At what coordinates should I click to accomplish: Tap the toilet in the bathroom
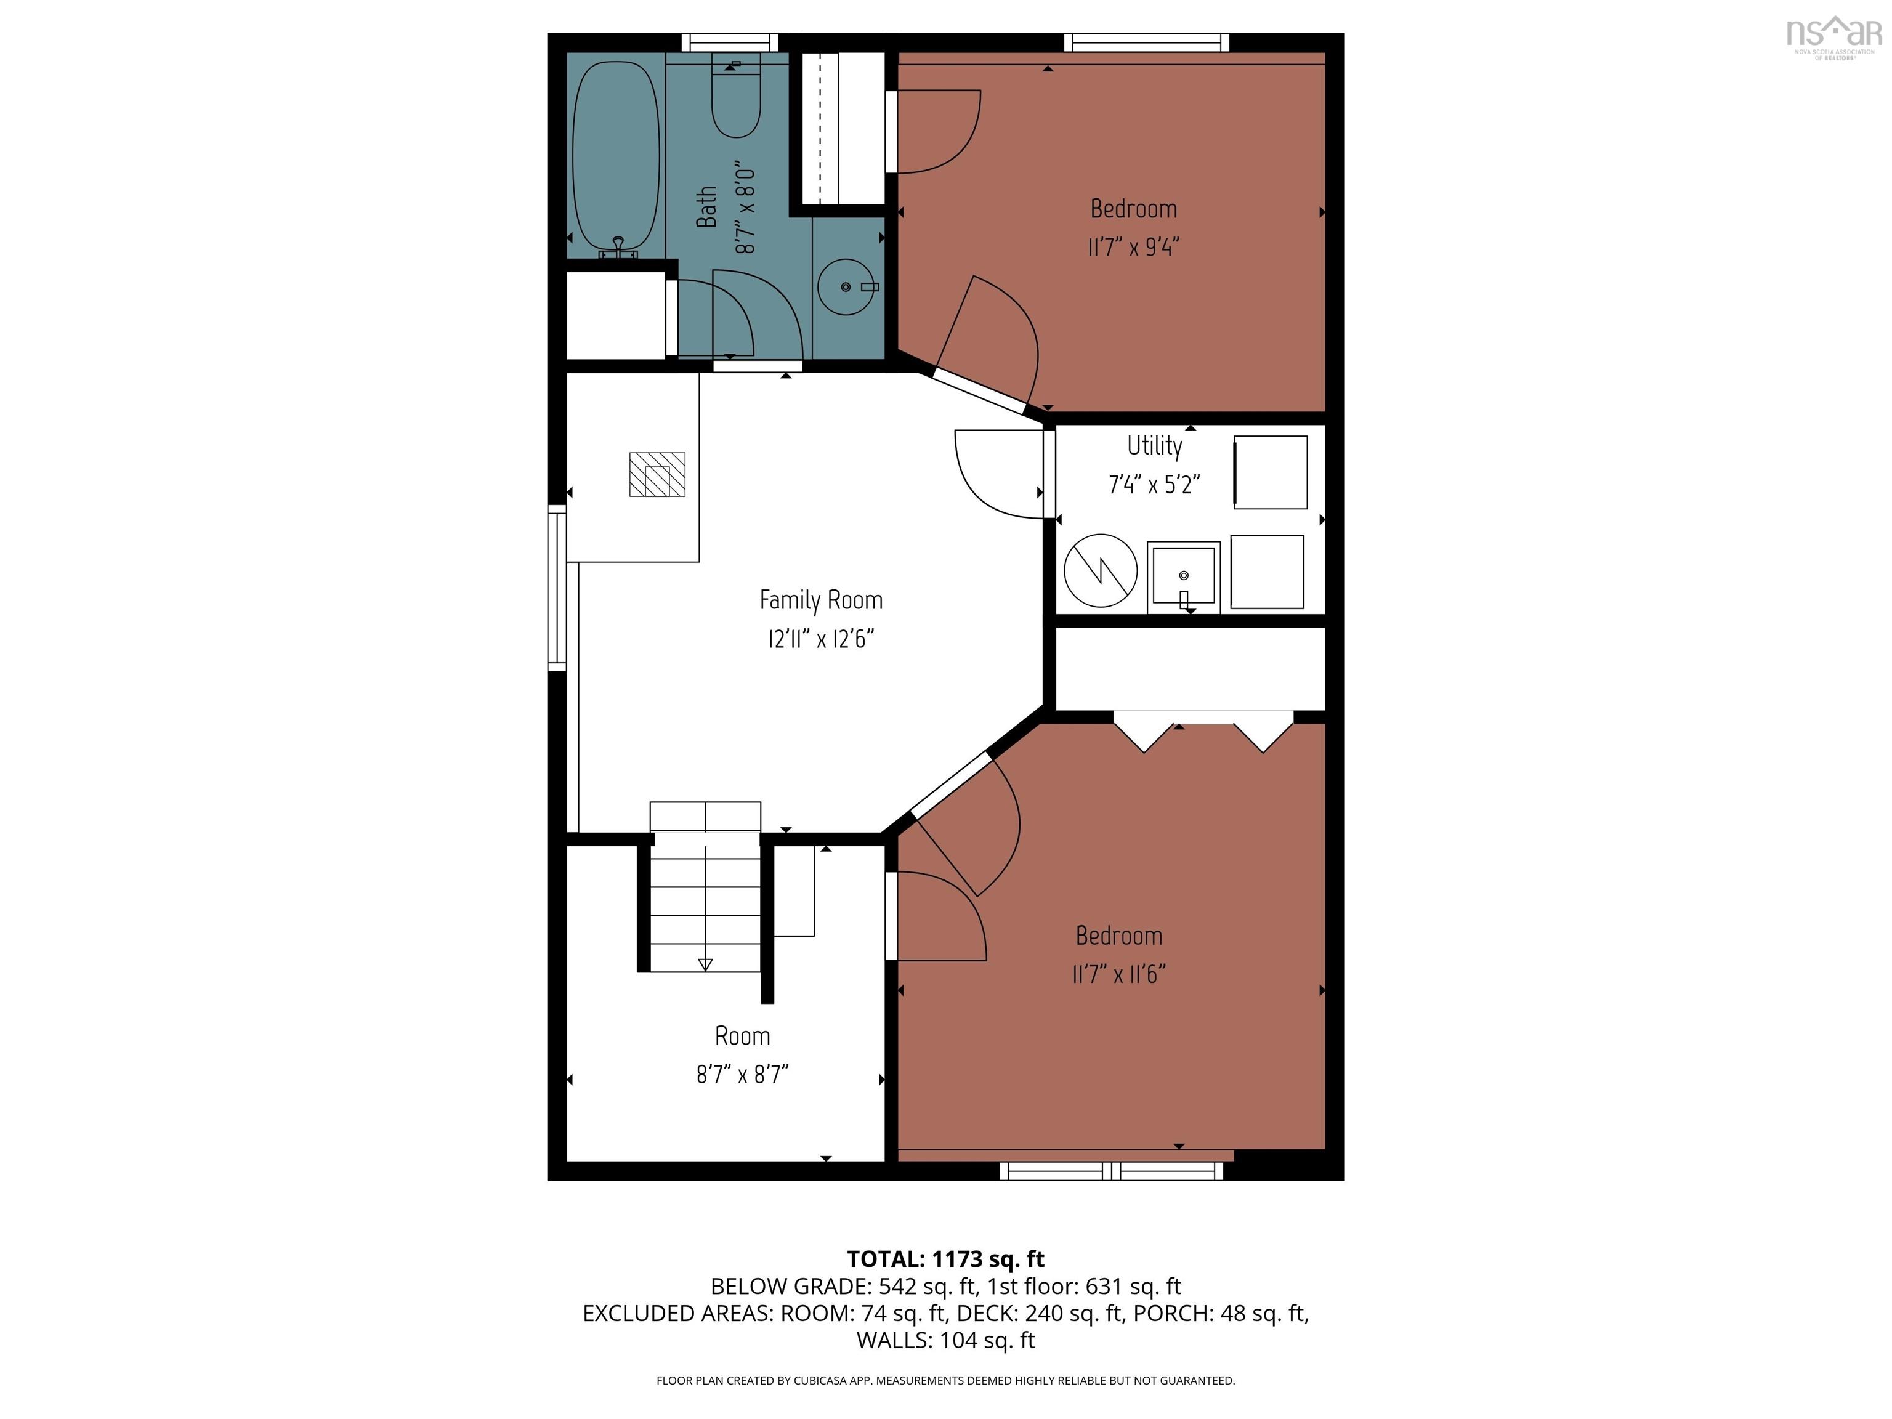point(735,103)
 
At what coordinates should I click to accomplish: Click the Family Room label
point(820,600)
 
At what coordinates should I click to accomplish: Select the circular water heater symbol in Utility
point(1100,570)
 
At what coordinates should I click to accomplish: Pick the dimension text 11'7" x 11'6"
point(1119,974)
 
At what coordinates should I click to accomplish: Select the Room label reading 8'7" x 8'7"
point(742,1074)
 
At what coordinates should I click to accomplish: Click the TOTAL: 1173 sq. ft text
point(945,1259)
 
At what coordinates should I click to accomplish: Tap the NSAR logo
point(1834,35)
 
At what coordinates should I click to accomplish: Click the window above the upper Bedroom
point(1146,42)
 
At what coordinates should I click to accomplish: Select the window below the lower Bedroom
point(1111,1171)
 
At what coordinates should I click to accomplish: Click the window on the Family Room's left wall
point(557,587)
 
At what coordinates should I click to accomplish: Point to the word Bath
point(706,207)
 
